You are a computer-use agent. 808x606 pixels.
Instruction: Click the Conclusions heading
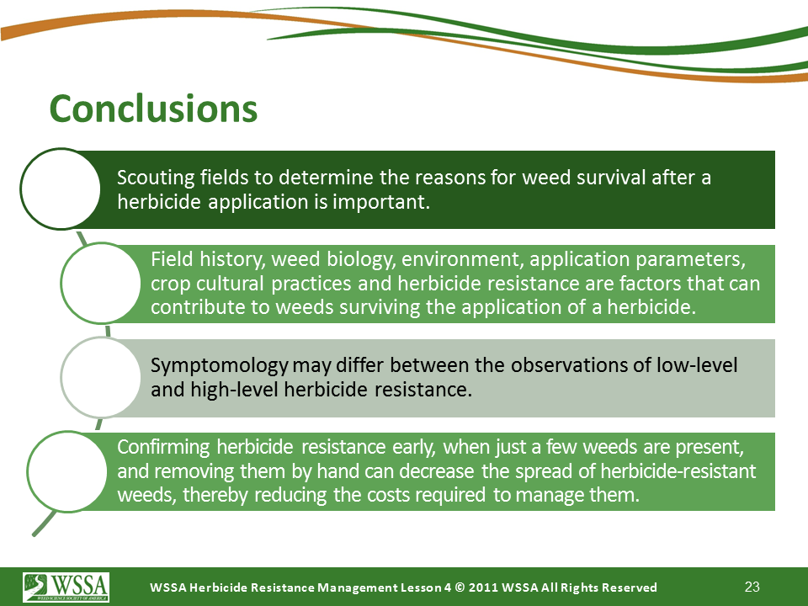[x=153, y=109]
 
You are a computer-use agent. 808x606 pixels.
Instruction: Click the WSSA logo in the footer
[x=66, y=587]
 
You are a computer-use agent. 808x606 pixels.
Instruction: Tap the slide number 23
[x=752, y=587]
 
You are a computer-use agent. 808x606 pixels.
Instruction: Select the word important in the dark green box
[x=380, y=202]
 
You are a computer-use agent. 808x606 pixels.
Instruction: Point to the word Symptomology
[x=219, y=366]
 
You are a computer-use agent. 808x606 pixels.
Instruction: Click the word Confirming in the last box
[x=163, y=447]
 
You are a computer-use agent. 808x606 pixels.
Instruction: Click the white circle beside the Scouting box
[x=61, y=189]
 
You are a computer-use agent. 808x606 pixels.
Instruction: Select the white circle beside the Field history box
[x=101, y=283]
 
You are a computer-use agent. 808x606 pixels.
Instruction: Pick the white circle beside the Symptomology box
[x=101, y=377]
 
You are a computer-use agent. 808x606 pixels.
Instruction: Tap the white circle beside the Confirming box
[x=67, y=471]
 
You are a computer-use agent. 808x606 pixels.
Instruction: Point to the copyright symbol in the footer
[x=460, y=587]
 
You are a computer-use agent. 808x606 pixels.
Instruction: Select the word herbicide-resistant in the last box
[x=678, y=471]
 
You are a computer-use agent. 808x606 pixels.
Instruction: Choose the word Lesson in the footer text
[x=421, y=587]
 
